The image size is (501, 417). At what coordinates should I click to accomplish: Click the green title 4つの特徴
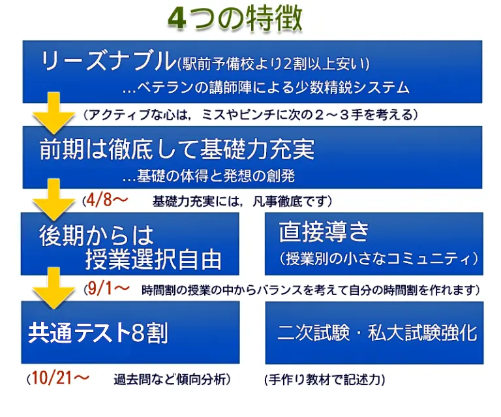coord(235,18)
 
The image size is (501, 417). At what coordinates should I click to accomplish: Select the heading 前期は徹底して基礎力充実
coord(177,149)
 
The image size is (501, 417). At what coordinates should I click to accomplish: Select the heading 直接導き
coord(324,232)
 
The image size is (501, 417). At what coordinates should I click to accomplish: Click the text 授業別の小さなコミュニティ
coord(378,258)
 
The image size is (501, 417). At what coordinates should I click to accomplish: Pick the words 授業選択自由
coord(153,259)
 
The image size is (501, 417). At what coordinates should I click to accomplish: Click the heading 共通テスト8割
coord(98,333)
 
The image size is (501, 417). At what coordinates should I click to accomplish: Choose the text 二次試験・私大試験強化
coord(377,333)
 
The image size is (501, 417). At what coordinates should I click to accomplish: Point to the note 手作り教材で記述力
coord(325,380)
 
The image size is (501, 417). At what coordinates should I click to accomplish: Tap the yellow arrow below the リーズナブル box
coord(53,113)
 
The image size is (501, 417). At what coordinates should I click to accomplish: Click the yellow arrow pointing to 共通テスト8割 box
coord(53,288)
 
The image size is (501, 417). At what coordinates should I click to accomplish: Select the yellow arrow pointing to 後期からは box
coord(53,200)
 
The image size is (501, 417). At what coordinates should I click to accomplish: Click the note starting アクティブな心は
coord(250,114)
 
